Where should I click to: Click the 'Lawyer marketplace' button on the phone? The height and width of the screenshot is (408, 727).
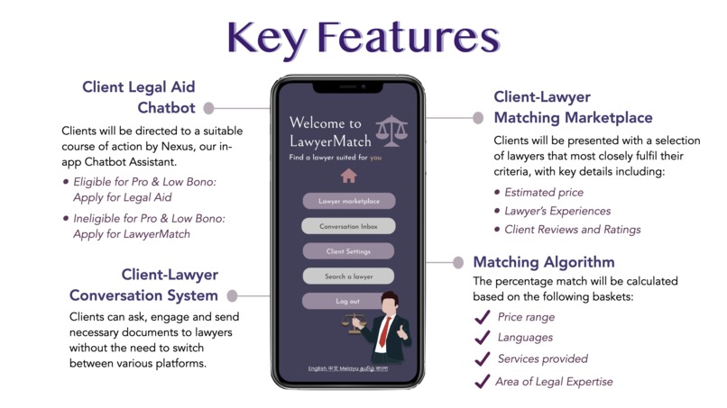click(x=348, y=201)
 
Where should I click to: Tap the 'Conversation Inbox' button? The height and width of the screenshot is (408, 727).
click(x=348, y=226)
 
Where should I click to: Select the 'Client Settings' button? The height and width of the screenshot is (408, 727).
click(x=348, y=251)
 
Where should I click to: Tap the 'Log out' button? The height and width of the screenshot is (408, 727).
click(x=347, y=301)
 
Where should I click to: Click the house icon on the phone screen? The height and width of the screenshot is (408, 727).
click(x=348, y=176)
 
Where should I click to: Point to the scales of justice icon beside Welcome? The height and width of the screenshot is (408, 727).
click(x=391, y=131)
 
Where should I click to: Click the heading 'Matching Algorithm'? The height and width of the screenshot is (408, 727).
click(x=544, y=263)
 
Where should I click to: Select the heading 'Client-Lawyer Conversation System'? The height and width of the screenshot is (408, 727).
click(x=144, y=285)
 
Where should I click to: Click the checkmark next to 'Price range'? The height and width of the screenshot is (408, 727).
click(x=482, y=317)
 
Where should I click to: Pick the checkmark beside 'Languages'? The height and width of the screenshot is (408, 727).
click(x=482, y=338)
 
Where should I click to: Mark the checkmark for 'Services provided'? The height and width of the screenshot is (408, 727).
click(x=482, y=359)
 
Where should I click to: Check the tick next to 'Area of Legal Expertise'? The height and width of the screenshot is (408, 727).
click(x=482, y=381)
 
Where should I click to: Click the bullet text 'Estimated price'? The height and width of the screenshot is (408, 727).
click(x=544, y=192)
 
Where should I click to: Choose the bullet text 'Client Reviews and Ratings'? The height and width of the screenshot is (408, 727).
click(x=573, y=230)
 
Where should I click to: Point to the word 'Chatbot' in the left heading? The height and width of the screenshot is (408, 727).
click(x=166, y=108)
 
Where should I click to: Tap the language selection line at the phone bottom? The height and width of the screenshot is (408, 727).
click(x=348, y=368)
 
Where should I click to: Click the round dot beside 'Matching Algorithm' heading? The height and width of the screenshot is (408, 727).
click(x=458, y=263)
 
